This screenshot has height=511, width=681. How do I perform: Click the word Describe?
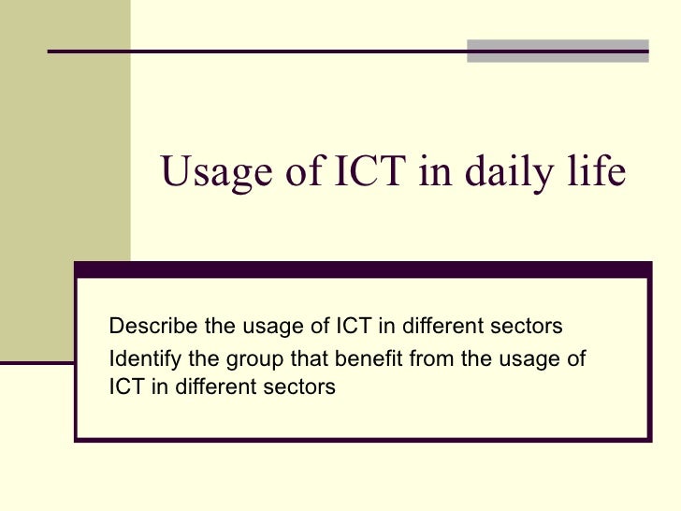pyautogui.click(x=148, y=327)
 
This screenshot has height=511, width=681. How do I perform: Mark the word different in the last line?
pyautogui.click(x=210, y=386)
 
